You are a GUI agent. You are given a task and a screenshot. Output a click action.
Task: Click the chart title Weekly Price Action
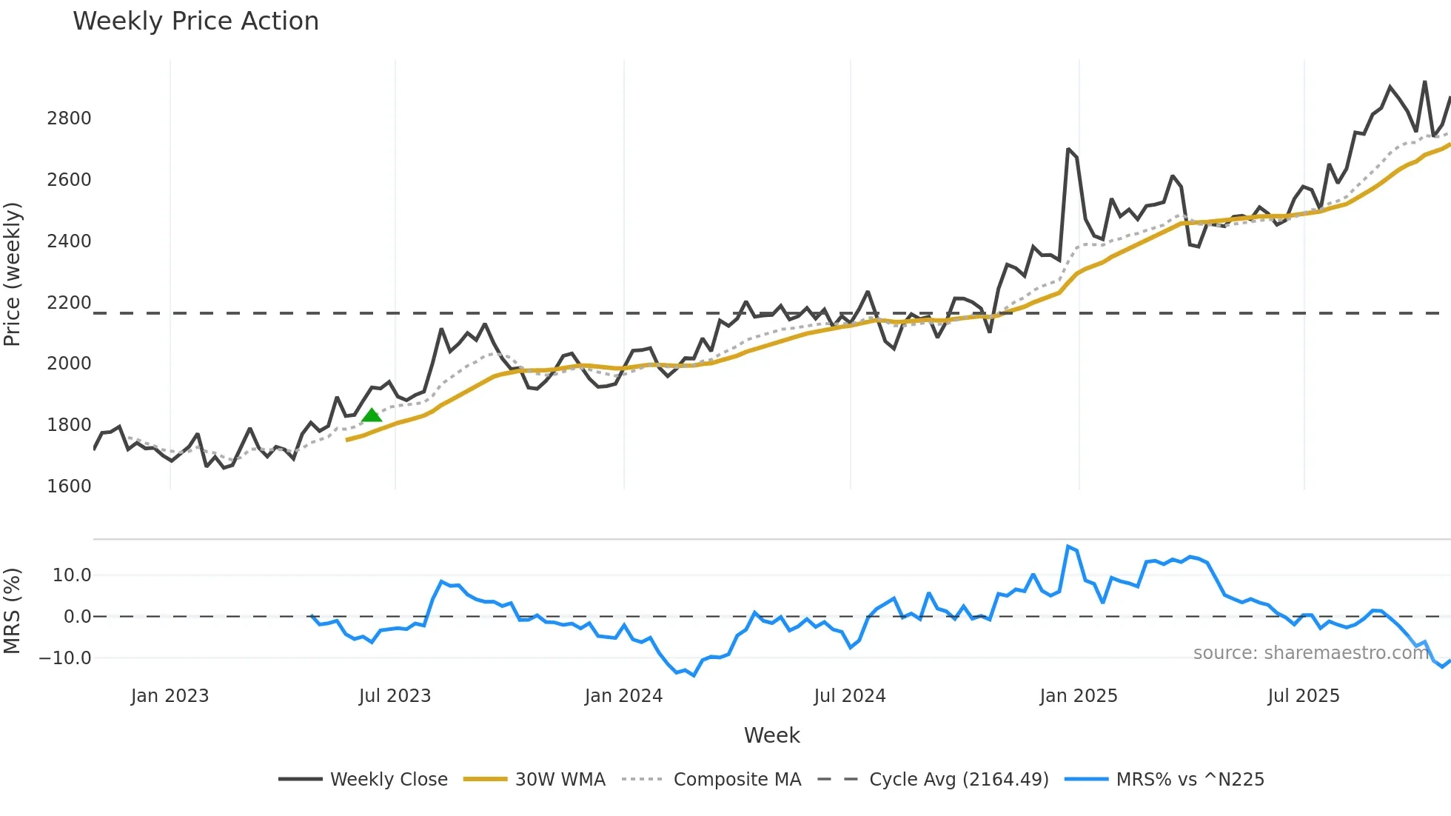point(195,21)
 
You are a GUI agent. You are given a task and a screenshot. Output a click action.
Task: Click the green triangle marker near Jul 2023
point(372,415)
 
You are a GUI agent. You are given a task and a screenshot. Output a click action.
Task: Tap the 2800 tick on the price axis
point(69,118)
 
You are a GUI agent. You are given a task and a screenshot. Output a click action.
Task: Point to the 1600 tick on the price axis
point(69,486)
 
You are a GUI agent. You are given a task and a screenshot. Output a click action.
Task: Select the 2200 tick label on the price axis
point(69,303)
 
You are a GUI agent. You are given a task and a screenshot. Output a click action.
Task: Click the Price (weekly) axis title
point(13,274)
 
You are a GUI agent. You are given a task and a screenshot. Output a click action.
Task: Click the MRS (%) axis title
point(13,611)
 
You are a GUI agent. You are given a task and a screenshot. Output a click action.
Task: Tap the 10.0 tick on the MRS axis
point(72,575)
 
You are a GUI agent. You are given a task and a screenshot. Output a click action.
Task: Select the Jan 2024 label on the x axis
point(623,696)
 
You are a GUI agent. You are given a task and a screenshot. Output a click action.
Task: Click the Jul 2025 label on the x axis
point(1303,696)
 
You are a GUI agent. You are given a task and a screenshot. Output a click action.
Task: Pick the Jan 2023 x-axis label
point(170,696)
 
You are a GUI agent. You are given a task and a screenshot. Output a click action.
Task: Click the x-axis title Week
point(771,735)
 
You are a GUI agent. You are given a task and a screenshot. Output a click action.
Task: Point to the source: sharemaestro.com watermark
point(1310,653)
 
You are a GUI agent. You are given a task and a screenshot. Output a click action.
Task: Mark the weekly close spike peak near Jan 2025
point(1068,149)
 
